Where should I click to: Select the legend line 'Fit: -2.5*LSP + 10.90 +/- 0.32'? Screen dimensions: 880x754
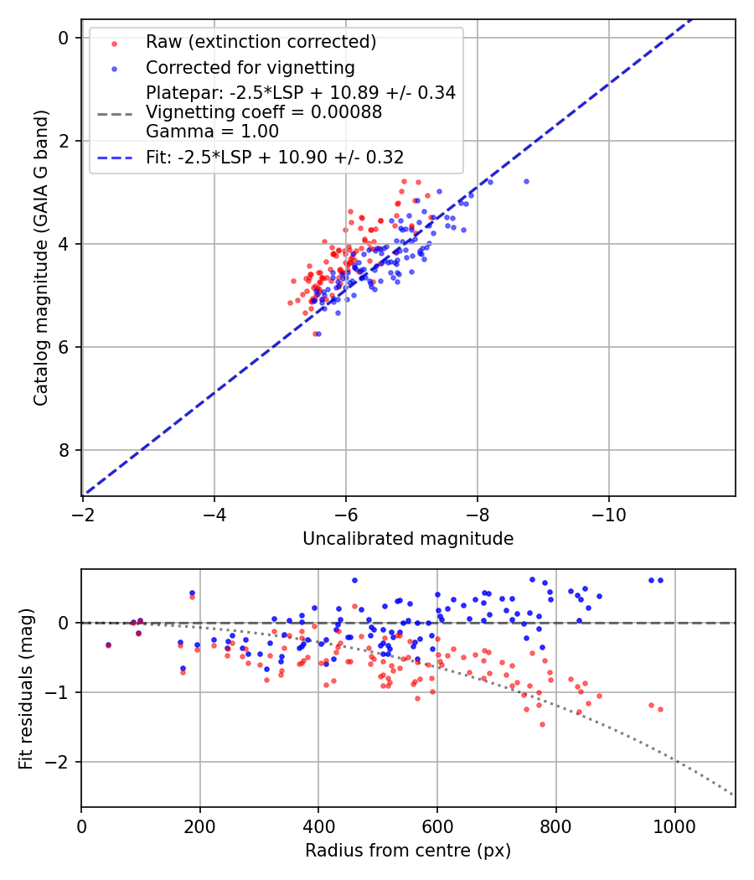click(x=114, y=158)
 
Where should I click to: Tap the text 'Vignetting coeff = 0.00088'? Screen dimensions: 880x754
click(x=264, y=112)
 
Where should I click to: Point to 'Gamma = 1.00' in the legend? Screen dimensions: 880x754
click(x=212, y=132)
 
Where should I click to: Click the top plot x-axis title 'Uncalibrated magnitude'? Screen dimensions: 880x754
click(x=408, y=539)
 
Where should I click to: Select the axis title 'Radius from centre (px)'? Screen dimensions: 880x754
click(x=408, y=851)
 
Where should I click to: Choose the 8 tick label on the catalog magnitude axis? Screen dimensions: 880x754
click(x=62, y=451)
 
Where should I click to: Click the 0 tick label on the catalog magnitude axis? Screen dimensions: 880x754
click(x=62, y=38)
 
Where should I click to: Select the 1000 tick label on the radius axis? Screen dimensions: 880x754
click(x=674, y=826)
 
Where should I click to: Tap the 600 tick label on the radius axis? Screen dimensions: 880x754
click(x=436, y=826)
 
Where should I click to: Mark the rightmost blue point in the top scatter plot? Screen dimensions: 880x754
click(x=526, y=181)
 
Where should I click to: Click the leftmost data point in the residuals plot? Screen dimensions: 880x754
click(x=108, y=644)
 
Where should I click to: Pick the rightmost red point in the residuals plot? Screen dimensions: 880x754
click(x=660, y=709)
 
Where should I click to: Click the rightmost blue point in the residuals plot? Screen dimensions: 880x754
click(x=660, y=580)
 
